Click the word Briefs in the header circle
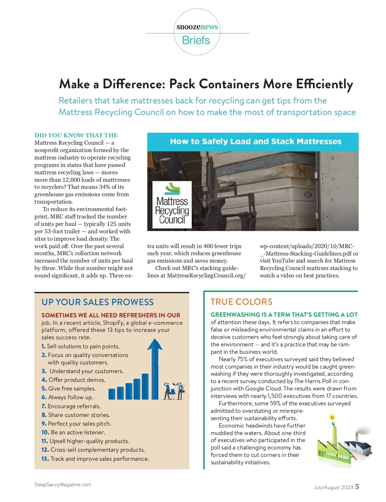pos(196,41)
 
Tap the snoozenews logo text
pos(197,27)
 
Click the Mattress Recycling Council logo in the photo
pos(172,205)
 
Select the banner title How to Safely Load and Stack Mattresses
pos(256,142)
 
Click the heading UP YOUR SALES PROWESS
pos(97,302)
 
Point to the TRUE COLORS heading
pos(241,302)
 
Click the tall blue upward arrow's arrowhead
pos(155,345)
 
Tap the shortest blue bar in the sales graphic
pos(112,394)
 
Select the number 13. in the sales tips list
pos(45,459)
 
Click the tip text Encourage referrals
pos(74,406)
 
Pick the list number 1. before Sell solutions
pos(43,346)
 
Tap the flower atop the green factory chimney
pos(332,418)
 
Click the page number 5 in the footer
pos(357,487)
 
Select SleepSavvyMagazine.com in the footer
pos(63,485)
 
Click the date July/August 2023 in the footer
pos(333,488)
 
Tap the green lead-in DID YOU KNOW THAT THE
pos(76,135)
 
